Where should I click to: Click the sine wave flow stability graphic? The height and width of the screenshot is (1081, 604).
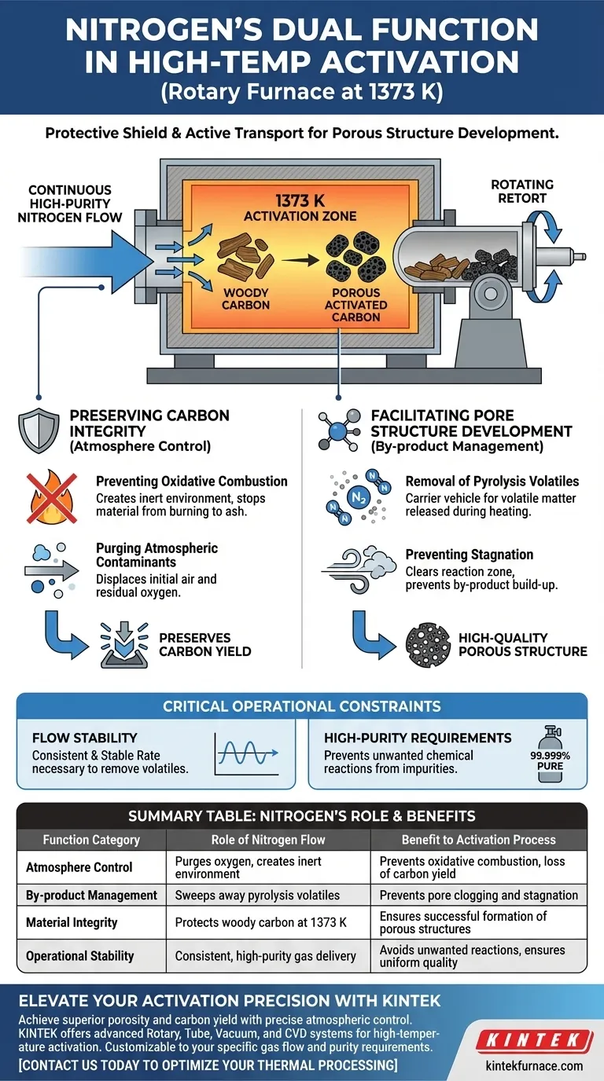point(247,754)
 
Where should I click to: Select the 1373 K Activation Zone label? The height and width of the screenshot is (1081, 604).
point(300,208)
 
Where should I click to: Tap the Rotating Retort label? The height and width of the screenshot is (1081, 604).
point(522,191)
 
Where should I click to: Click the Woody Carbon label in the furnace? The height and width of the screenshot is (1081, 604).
point(245,299)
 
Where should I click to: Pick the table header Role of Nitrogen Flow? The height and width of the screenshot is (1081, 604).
point(267,839)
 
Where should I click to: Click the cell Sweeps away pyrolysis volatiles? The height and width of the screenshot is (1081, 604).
point(257,895)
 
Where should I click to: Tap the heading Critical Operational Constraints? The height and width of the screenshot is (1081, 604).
point(301,706)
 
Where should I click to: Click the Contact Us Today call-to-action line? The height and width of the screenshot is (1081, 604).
point(208,1065)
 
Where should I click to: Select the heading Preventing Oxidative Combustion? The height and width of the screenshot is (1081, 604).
point(191,481)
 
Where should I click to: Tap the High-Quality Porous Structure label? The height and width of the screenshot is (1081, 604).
point(523,644)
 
